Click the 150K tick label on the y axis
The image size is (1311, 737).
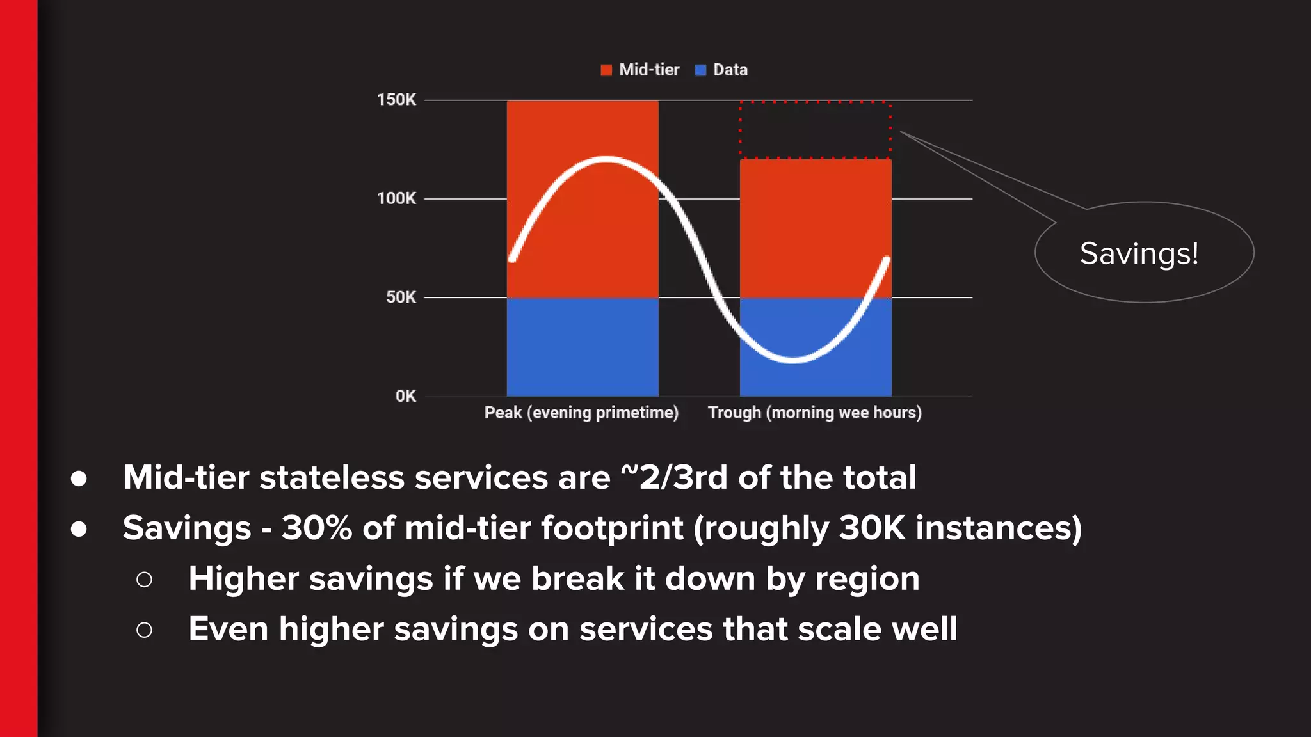396,100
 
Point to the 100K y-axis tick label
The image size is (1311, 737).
396,198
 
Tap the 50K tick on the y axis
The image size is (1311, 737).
401,297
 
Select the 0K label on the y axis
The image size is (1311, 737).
405,396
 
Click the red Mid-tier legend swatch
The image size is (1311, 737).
606,70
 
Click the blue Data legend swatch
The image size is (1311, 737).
700,70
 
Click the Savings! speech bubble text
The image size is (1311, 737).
1139,253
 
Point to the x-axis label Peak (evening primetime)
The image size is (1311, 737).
581,413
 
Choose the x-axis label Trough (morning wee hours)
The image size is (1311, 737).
814,413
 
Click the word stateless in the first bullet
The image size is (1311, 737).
332,478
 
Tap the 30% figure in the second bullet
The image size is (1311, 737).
317,528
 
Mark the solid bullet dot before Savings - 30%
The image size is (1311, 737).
79,529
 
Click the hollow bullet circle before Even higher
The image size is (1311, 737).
145,630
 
